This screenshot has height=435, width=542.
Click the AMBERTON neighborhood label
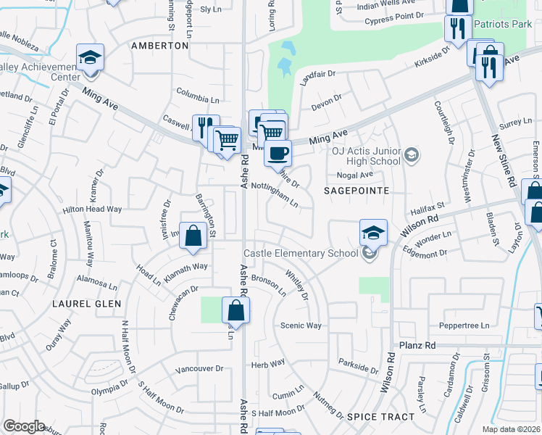click(x=159, y=45)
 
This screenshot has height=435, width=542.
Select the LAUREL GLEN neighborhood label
click(x=87, y=304)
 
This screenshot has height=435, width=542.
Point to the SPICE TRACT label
click(x=380, y=417)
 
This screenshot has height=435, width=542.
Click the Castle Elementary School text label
click(x=301, y=253)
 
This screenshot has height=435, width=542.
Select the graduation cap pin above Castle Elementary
click(x=373, y=233)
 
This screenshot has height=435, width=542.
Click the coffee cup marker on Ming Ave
click(x=277, y=153)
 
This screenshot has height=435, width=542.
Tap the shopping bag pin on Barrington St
click(x=193, y=235)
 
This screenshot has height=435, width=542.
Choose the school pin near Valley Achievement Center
click(x=91, y=57)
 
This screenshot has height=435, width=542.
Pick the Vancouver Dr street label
click(x=199, y=368)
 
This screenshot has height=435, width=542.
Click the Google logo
click(x=24, y=426)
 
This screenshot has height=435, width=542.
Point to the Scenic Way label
click(x=301, y=326)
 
